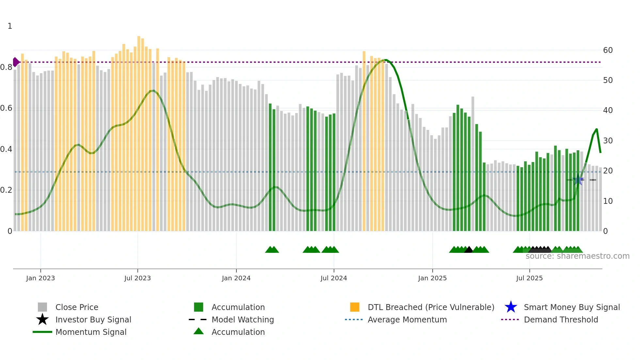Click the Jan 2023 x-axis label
(x=40, y=278)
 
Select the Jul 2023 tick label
(x=137, y=278)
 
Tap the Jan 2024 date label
(x=236, y=278)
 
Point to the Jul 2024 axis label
(x=334, y=278)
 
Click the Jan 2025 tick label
(x=432, y=278)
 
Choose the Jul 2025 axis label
(x=529, y=278)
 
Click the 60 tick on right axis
(x=608, y=50)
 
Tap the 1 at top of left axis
(x=10, y=26)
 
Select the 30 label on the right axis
(x=608, y=141)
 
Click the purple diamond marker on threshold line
(x=16, y=62)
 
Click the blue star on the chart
(x=578, y=180)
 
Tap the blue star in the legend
(x=511, y=307)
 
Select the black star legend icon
(x=42, y=319)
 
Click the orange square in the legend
(x=355, y=307)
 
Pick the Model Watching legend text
(x=243, y=319)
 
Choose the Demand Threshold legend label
(x=561, y=319)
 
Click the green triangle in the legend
(x=199, y=332)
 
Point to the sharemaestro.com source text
(x=577, y=256)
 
